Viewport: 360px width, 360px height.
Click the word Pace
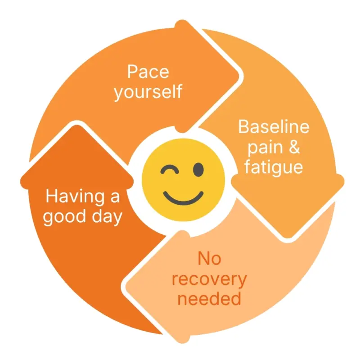click(148, 72)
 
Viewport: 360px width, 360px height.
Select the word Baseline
click(274, 126)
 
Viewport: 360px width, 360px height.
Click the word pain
click(265, 148)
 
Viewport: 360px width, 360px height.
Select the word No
click(209, 258)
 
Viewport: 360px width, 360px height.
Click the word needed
click(209, 299)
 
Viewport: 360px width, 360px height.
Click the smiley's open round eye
click(198, 170)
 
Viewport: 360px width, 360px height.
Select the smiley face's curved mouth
click(183, 198)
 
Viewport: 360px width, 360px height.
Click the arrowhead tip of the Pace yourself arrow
click(239, 75)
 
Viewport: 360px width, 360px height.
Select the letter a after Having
click(115, 198)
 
